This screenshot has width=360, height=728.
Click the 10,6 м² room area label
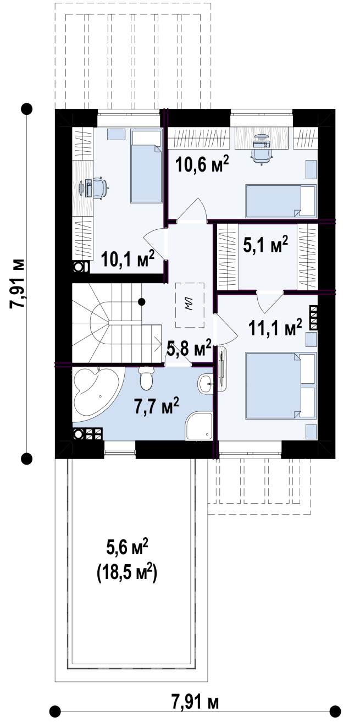pos(202,164)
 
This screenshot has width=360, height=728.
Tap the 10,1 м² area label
pos(128,258)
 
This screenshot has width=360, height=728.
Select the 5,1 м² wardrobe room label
pos(266,244)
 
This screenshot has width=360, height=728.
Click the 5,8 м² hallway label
pos(189,349)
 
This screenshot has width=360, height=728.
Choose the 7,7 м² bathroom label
pos(156,406)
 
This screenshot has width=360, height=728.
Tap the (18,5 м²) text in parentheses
pos(127,572)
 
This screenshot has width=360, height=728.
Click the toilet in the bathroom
pos(145,378)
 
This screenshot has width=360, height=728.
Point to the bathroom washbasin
pos(205,384)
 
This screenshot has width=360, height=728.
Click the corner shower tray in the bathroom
pos(199,426)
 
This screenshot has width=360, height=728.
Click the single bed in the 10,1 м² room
pos(146,166)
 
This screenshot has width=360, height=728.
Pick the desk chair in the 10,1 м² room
pos(101,187)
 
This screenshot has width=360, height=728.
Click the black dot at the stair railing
pos(141,302)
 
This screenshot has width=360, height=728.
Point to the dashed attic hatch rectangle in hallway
pos(190,305)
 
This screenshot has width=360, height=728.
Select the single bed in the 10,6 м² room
pos(281,201)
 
